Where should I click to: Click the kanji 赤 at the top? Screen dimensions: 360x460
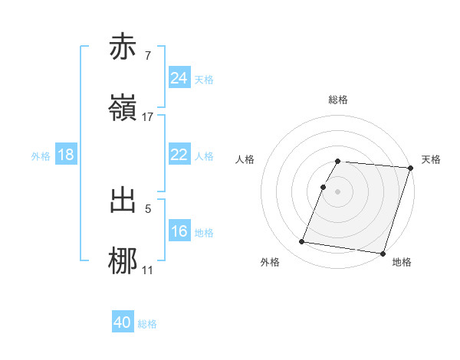125,47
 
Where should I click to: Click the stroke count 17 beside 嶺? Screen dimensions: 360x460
148,117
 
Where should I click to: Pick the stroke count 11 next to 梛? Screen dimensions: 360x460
148,270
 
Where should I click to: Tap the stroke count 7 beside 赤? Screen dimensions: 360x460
148,56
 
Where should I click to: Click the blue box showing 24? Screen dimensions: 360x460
179,78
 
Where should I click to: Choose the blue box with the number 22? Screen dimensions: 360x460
179,155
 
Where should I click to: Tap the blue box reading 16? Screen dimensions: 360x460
179,231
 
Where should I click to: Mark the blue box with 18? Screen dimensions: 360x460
66,155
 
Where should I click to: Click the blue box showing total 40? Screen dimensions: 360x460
123,323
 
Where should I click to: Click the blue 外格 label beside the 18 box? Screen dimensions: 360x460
41,156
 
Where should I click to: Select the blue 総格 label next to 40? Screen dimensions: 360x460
147,324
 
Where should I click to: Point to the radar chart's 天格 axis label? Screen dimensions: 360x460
431,159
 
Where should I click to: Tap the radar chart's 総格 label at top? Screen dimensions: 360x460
337,100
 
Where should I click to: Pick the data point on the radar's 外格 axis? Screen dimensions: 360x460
302,242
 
